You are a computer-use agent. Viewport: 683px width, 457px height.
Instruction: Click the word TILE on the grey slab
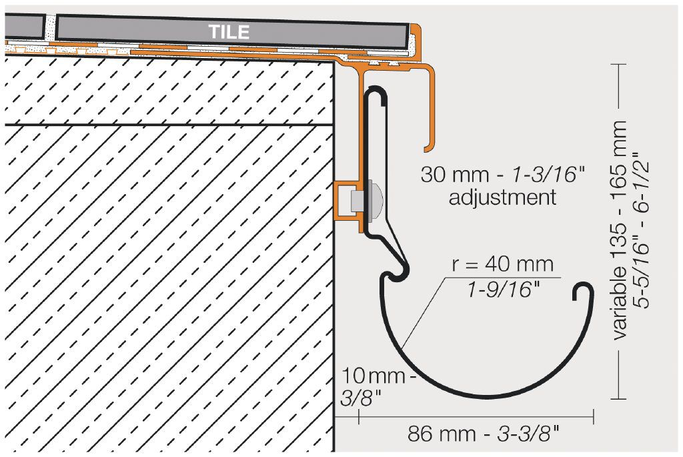[x=229, y=32]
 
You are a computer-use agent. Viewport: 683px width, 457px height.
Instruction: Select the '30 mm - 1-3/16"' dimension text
[x=502, y=175]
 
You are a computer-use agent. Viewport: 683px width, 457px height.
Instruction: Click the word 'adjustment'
[x=502, y=197]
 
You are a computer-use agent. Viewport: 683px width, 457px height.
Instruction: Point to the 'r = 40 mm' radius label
[x=502, y=264]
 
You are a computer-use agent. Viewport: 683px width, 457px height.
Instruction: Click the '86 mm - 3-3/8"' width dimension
[x=483, y=434]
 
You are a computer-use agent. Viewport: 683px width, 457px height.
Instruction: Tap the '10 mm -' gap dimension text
[x=378, y=376]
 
